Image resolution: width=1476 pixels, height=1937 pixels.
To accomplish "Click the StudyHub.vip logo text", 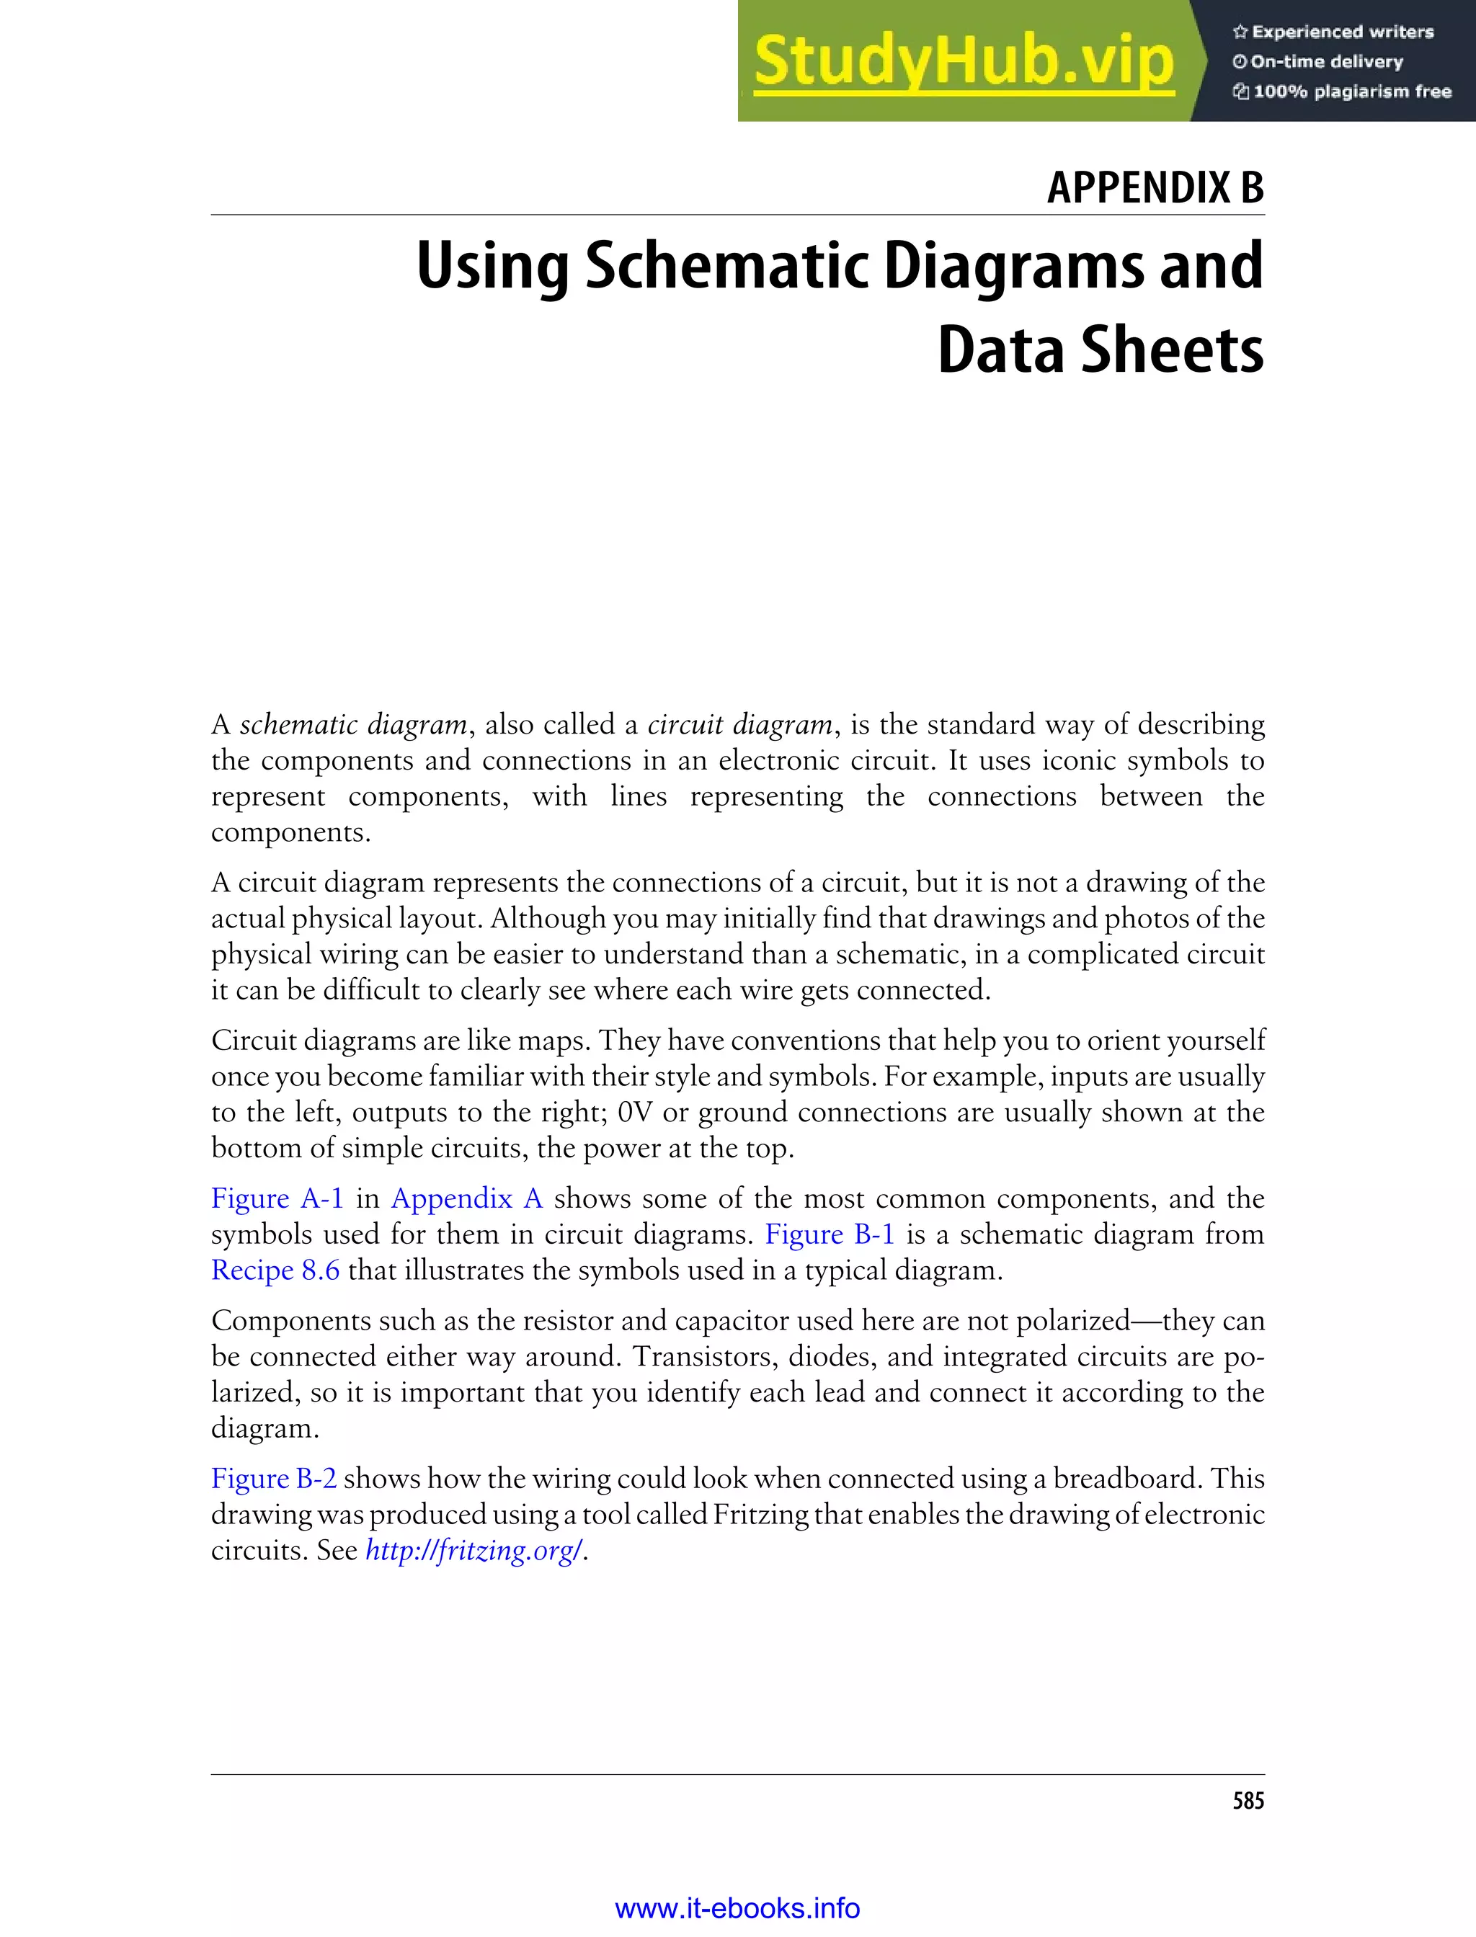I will [963, 61].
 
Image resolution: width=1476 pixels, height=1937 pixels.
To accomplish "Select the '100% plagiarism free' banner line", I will [1343, 92].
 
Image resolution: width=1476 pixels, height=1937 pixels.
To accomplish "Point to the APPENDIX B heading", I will [1155, 187].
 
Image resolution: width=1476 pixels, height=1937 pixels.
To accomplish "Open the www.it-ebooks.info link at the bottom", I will [737, 1908].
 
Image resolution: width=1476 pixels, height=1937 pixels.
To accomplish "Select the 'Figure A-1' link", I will [277, 1198].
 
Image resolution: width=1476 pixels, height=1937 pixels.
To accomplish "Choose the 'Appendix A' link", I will [466, 1198].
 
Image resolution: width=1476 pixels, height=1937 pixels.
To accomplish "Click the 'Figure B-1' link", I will [830, 1234].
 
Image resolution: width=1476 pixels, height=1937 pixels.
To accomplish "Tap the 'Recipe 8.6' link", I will [275, 1270].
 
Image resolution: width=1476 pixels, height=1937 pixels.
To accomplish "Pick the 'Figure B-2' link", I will [273, 1479].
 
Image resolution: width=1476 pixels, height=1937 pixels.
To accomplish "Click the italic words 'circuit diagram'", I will [739, 725].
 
